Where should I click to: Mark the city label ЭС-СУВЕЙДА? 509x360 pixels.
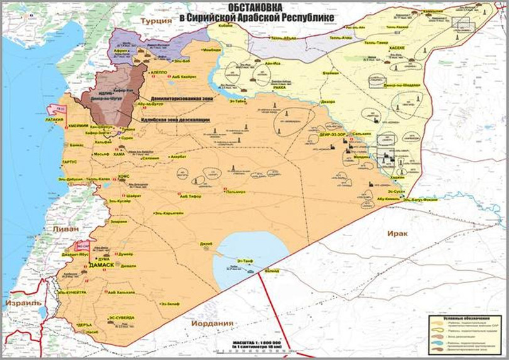(x=121, y=317)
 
